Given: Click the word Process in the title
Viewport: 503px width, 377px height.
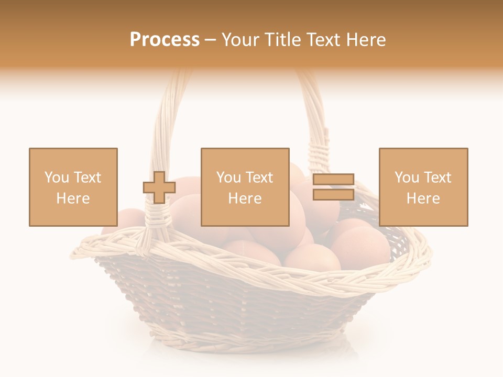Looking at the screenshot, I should coord(165,40).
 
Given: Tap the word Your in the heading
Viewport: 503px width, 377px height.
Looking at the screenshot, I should coord(240,40).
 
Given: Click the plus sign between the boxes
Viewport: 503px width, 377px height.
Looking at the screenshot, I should coord(159,187).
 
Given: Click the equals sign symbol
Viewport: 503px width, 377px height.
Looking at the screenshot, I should coord(333,187).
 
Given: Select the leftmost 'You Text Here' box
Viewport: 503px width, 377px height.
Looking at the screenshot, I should coord(73,187).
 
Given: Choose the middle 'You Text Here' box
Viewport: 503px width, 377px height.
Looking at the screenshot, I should coord(245,187).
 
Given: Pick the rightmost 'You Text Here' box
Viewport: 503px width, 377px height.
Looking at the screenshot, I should coord(423,187).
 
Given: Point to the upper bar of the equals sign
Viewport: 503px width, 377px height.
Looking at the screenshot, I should coord(333,180).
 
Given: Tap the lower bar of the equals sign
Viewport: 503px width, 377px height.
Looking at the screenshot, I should coord(333,195).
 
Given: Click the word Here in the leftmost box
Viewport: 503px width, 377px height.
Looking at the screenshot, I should coord(73,198).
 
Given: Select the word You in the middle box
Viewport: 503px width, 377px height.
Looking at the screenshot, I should coord(228,178).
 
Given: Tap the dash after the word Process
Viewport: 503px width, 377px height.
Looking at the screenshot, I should coord(211,40).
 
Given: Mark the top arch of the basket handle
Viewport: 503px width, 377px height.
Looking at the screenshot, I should coord(246,73).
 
